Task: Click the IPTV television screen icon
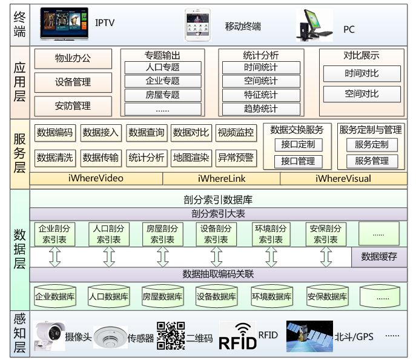pyautogui.click(x=64, y=24)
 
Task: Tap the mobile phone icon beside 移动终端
pyautogui.click(x=198, y=25)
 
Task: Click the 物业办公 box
pyautogui.click(x=73, y=59)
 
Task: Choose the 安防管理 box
pyautogui.click(x=73, y=106)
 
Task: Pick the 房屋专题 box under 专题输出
pyautogui.click(x=162, y=95)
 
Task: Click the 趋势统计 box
pyautogui.click(x=261, y=108)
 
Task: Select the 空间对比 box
pyautogui.click(x=362, y=94)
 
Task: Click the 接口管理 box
pyautogui.click(x=298, y=161)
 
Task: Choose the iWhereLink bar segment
pyautogui.click(x=221, y=178)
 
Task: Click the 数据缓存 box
pyautogui.click(x=379, y=256)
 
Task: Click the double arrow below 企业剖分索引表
pyautogui.click(x=54, y=256)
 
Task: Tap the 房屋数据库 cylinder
pyautogui.click(x=162, y=296)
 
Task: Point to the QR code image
pyautogui.click(x=170, y=335)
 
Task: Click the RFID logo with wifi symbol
pyautogui.click(x=238, y=336)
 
